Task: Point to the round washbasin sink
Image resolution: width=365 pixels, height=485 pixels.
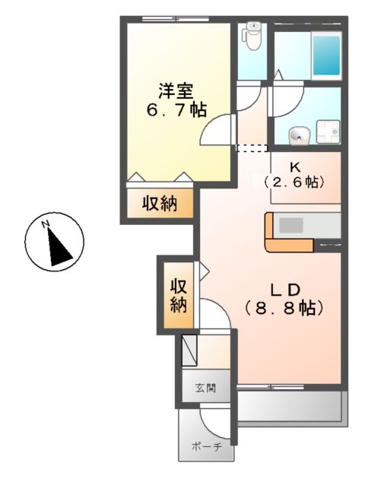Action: tap(299, 137)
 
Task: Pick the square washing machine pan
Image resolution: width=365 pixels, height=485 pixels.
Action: tap(328, 132)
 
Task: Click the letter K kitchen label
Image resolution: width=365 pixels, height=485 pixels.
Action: tap(295, 166)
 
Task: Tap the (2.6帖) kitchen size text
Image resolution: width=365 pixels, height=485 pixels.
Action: tap(295, 182)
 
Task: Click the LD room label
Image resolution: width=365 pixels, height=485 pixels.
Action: tap(286, 289)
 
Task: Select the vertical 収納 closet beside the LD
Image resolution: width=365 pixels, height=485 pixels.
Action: tap(178, 296)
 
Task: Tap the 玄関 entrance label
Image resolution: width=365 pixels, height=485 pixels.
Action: tap(205, 388)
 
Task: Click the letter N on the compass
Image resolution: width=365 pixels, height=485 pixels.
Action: tap(46, 223)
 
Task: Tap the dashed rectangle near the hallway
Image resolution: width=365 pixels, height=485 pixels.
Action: tap(252, 147)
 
